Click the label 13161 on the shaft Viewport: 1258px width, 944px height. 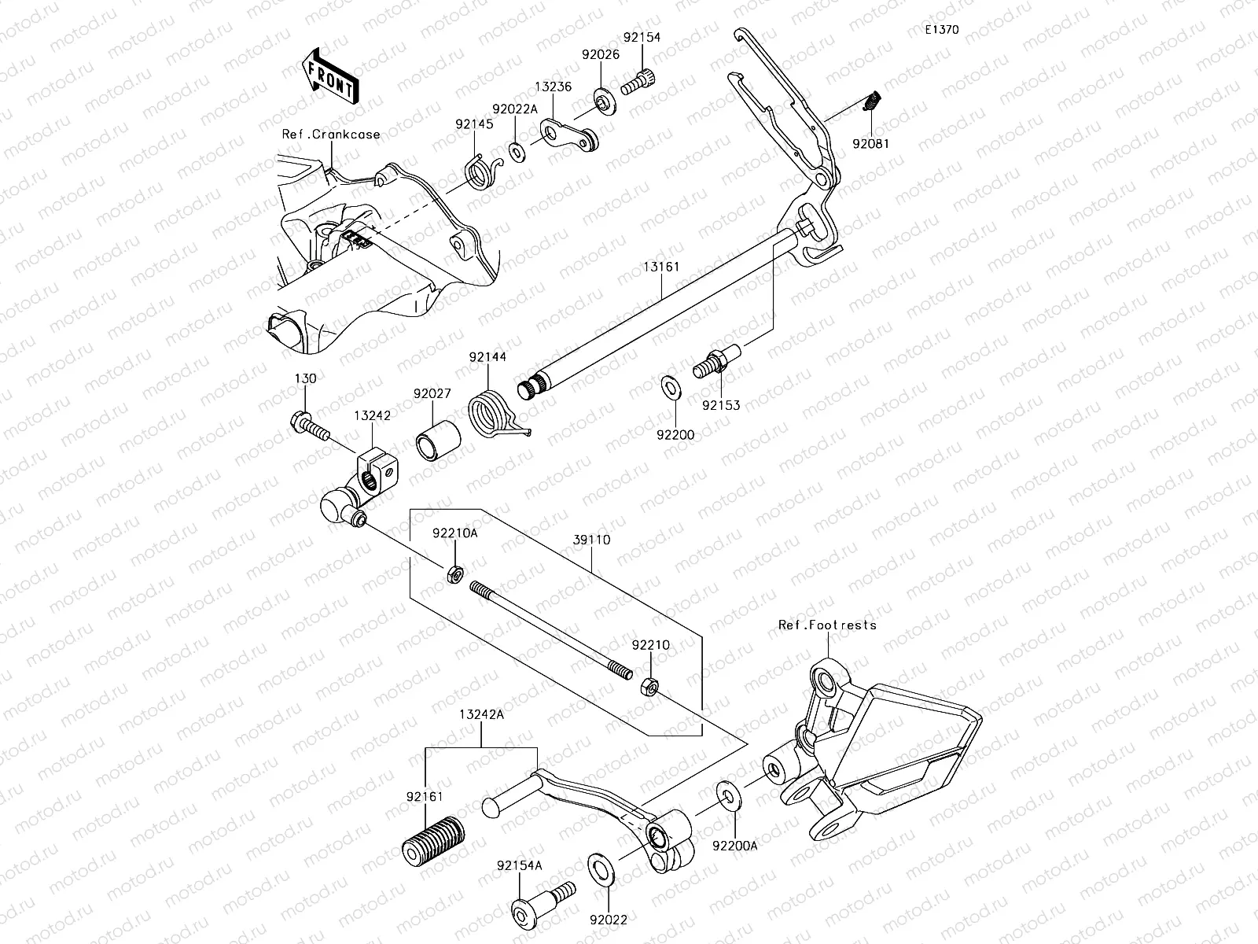click(661, 267)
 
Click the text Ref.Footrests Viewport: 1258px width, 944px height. click(826, 625)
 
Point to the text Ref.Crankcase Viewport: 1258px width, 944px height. click(331, 135)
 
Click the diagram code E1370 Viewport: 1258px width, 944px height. click(941, 31)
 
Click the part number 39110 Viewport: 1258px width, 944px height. click(591, 540)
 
